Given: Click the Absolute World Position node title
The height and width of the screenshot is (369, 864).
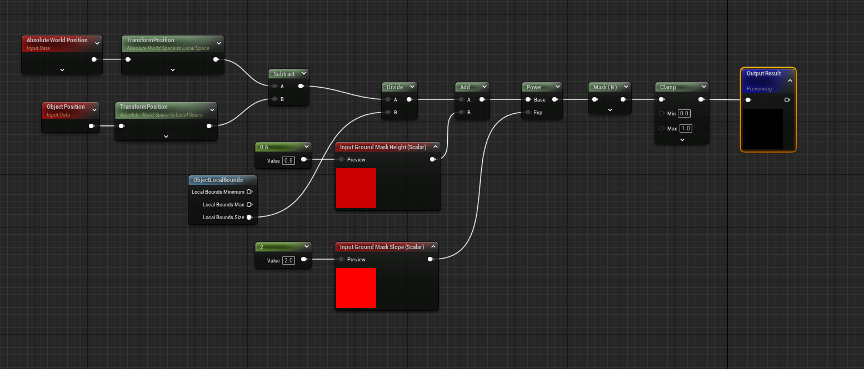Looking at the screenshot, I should click(57, 41).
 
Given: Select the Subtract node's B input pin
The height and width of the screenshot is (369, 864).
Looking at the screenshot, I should click(274, 99).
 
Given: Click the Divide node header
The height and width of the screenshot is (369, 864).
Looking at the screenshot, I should click(395, 87).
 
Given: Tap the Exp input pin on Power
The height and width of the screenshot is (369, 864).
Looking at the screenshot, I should click(527, 113).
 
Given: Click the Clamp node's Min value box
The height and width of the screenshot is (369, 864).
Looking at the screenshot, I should click(685, 113).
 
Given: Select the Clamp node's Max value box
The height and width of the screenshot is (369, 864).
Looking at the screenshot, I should click(686, 128).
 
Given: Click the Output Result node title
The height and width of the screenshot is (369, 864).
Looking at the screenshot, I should click(763, 74).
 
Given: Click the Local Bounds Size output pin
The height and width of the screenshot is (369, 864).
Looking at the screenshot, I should click(249, 218).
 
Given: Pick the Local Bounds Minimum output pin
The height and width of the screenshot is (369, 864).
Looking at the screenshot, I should click(249, 192).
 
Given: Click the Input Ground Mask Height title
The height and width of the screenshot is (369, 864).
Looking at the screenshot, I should click(382, 147).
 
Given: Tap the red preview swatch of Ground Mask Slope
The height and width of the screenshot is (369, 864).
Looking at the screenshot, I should click(356, 288).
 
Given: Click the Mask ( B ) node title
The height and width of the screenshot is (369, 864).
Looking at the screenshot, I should click(605, 87).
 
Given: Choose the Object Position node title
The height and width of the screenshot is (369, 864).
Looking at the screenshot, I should click(66, 107).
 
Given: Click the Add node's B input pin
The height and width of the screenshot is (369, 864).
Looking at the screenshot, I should click(461, 113).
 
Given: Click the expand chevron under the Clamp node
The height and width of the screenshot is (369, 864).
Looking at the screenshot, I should click(682, 140).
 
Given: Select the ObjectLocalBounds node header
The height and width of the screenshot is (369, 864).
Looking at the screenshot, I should click(218, 180).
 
